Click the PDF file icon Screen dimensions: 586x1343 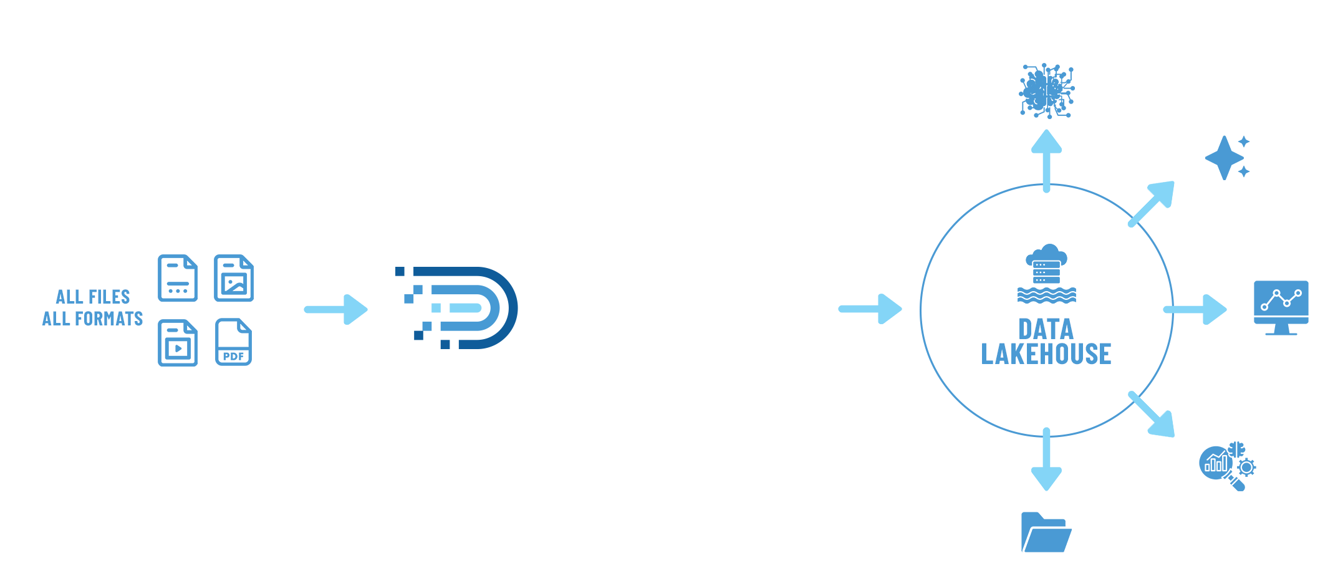tap(233, 342)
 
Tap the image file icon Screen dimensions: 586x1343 tap(233, 278)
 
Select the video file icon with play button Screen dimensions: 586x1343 tap(178, 342)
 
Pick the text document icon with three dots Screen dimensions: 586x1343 tap(178, 278)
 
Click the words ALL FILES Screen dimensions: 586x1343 tap(93, 297)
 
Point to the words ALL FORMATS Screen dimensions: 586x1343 tap(92, 319)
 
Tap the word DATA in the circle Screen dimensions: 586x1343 tap(1046, 329)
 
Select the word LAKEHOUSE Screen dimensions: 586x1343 tap(1046, 354)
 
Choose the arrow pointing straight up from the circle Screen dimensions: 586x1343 tap(1046, 159)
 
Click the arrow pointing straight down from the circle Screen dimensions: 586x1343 tap(1046, 461)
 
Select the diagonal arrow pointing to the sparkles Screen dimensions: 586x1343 tap(1153, 203)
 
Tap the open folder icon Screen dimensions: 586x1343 tap(1046, 532)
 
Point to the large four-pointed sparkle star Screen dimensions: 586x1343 tap(1224, 158)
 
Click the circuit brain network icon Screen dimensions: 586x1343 tap(1047, 91)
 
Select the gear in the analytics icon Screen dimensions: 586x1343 tap(1246, 467)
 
